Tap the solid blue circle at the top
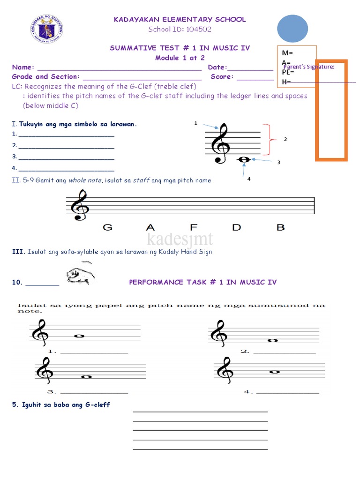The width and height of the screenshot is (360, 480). pyautogui.click(x=292, y=29)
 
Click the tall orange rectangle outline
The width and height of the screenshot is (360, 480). pyautogui.click(x=332, y=110)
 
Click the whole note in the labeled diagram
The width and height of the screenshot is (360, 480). pyautogui.click(x=244, y=160)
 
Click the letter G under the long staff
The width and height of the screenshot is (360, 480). pyautogui.click(x=108, y=228)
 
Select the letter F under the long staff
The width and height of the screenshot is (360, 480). pyautogui.click(x=193, y=228)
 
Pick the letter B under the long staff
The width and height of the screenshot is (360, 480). pyautogui.click(x=280, y=228)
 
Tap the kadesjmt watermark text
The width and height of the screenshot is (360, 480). pyautogui.click(x=180, y=240)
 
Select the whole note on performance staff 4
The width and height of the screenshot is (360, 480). pyautogui.click(x=275, y=372)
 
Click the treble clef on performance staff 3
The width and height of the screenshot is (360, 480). pyautogui.click(x=45, y=368)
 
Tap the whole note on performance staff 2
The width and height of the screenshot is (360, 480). pyautogui.click(x=271, y=340)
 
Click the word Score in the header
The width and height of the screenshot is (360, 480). pyautogui.click(x=221, y=77)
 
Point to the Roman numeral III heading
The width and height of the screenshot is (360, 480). pyautogui.click(x=17, y=252)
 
